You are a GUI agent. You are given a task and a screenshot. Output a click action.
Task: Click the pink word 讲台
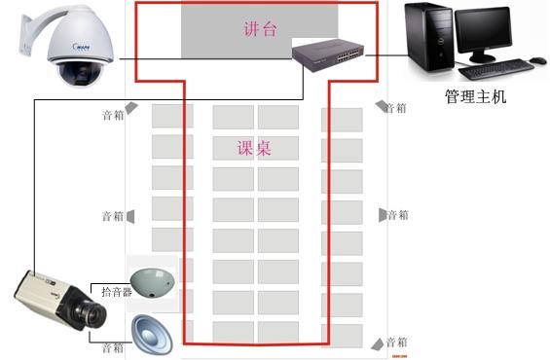[x=260, y=29]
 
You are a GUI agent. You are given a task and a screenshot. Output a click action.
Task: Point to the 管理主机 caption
[x=475, y=97]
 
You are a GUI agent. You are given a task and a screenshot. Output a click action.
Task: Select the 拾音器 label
[x=116, y=291]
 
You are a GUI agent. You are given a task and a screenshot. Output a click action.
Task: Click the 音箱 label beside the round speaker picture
[x=113, y=347]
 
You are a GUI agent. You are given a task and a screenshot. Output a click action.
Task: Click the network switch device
[x=330, y=55]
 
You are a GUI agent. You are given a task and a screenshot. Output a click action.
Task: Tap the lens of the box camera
[x=94, y=314]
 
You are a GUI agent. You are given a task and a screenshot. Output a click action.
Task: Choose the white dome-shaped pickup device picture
[x=152, y=280]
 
